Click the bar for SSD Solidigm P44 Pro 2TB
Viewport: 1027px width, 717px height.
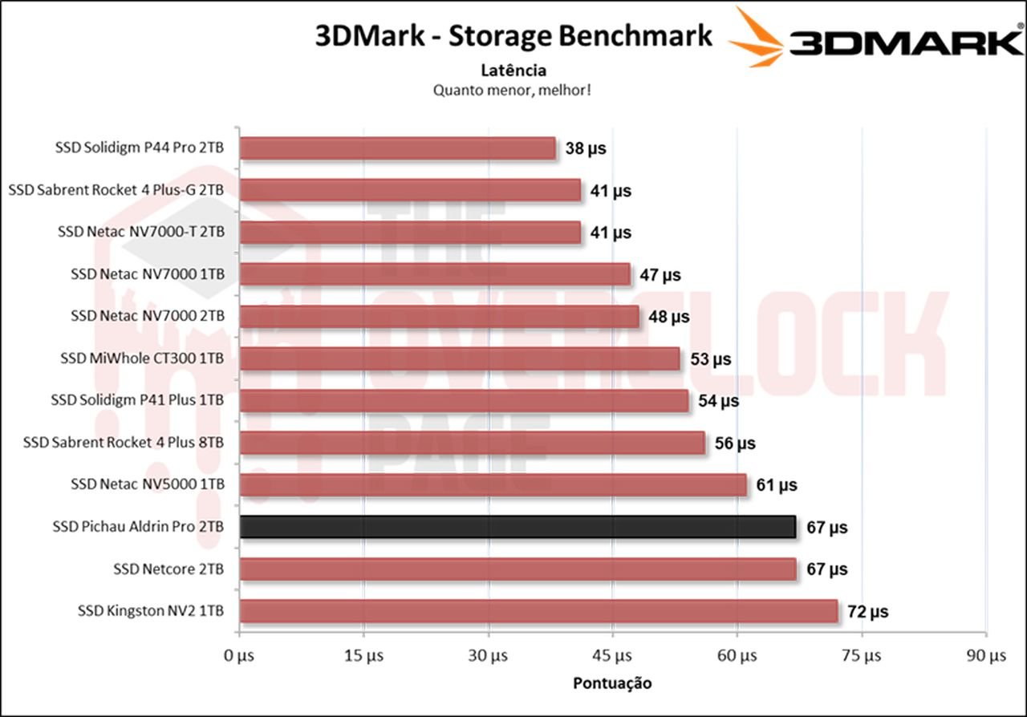[x=397, y=148]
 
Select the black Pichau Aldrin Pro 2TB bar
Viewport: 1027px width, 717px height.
[x=518, y=527]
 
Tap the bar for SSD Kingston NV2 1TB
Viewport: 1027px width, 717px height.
[x=538, y=611]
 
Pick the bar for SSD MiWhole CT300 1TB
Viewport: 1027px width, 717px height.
[x=459, y=358]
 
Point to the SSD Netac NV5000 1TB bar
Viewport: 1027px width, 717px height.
[x=493, y=485]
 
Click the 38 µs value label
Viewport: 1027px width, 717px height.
[x=585, y=149]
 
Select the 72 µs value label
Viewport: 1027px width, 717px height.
[x=867, y=612]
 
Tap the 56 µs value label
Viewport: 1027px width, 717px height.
[x=734, y=444]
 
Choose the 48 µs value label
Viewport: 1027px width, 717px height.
[x=668, y=317]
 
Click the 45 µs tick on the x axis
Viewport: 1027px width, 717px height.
[x=613, y=656]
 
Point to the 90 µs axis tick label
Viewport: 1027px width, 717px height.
[x=986, y=656]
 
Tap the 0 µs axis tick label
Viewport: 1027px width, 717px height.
[x=239, y=656]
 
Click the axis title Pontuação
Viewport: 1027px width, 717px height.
[x=612, y=684]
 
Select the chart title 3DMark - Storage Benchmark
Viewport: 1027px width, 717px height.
[x=513, y=36]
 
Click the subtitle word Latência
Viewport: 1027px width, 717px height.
[x=513, y=71]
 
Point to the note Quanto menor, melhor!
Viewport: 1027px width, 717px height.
[x=513, y=90]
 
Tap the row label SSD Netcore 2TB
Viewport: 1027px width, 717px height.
[x=168, y=569]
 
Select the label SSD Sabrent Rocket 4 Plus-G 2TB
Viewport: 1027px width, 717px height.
[x=116, y=190]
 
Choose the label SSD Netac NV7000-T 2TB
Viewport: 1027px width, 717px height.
[x=141, y=233]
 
